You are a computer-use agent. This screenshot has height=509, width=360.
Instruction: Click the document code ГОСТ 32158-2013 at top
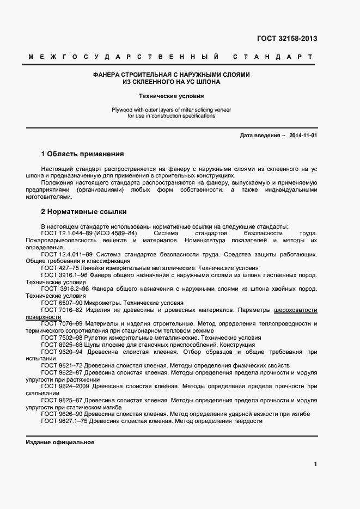coord(286,39)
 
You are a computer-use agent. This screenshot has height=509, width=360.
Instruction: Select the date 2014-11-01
coord(303,136)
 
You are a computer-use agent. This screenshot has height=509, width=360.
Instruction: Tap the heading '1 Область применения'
coord(82,154)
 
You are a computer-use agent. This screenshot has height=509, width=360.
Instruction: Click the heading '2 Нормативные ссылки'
coord(84,211)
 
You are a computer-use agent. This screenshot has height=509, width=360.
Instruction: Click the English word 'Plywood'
coord(123,109)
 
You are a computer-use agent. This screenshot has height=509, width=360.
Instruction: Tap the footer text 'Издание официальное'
coord(60,443)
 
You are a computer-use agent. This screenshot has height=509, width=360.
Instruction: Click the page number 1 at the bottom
coord(315,464)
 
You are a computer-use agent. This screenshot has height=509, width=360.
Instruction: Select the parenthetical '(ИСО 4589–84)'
coord(115,234)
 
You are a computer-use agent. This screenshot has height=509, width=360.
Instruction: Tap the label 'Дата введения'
coord(260,136)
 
